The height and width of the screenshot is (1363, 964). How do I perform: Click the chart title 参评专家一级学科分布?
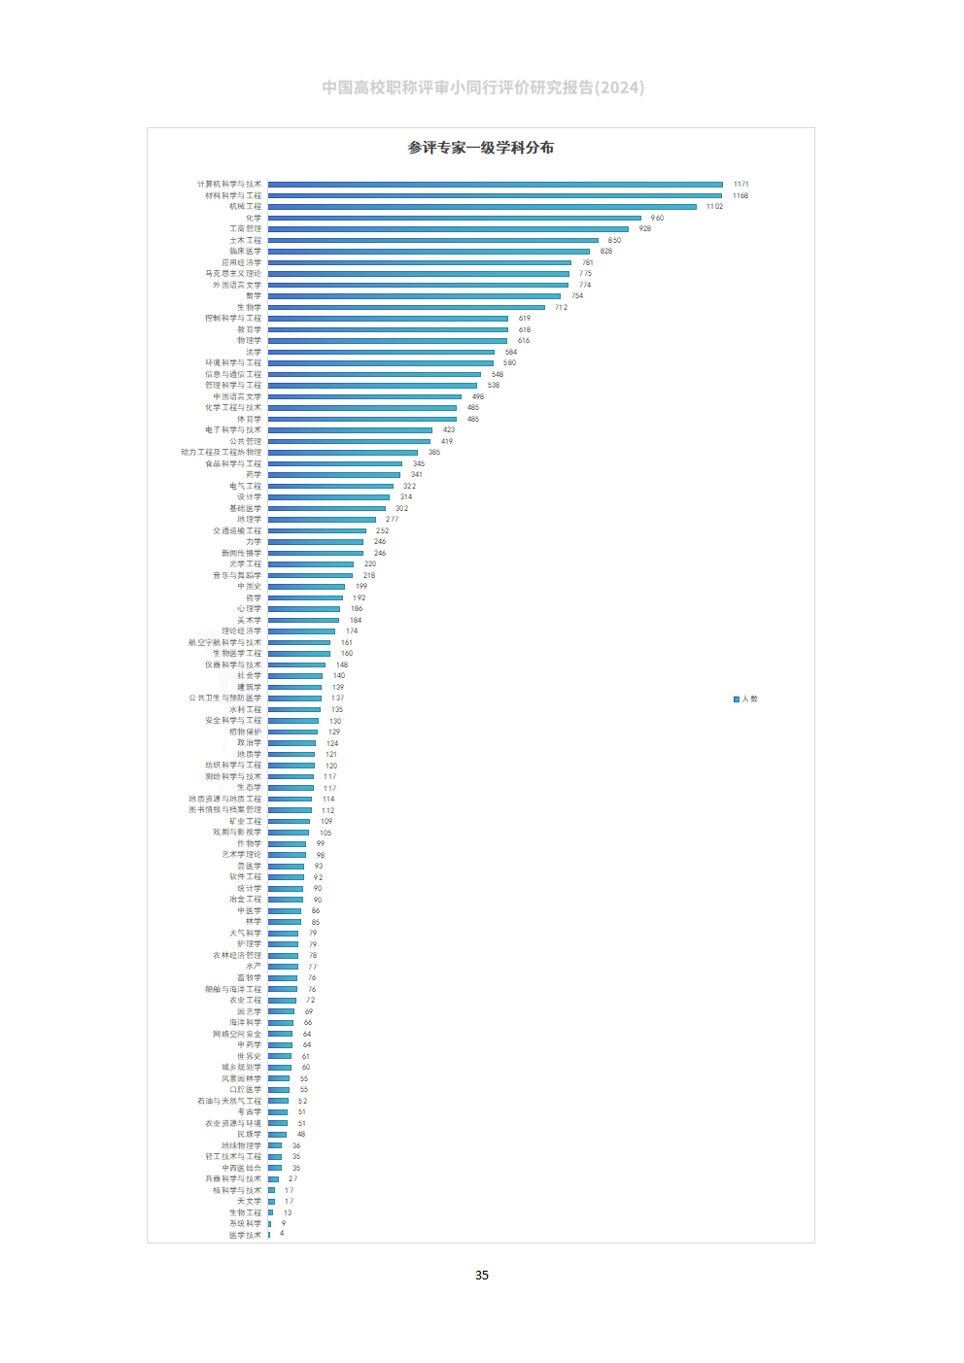(x=481, y=148)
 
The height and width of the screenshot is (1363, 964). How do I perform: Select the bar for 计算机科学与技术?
(x=495, y=184)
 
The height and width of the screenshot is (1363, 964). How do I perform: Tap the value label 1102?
(x=714, y=207)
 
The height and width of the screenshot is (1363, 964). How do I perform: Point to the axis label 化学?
(x=254, y=219)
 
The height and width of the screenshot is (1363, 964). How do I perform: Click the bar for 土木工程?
(x=432, y=240)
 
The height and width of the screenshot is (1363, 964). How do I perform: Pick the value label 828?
(x=606, y=252)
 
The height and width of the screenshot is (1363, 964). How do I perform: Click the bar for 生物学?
(x=406, y=307)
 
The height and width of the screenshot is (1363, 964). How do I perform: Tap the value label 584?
(x=511, y=353)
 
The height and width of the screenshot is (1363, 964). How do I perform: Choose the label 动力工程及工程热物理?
(x=221, y=453)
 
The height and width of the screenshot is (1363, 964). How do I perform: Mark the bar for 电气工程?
(x=330, y=486)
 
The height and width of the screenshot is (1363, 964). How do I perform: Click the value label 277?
(x=392, y=520)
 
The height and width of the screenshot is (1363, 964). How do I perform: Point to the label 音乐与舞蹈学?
(x=237, y=576)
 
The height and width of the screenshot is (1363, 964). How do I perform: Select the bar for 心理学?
(x=304, y=609)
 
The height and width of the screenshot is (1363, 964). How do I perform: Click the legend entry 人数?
(x=746, y=699)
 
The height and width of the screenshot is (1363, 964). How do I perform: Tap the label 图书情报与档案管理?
(x=224, y=810)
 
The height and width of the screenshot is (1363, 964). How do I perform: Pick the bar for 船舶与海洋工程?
(x=283, y=989)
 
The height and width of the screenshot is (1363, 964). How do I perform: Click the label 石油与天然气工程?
(x=229, y=1101)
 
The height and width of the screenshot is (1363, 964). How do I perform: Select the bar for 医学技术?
(x=269, y=1235)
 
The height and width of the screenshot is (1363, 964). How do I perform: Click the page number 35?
(x=482, y=1276)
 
